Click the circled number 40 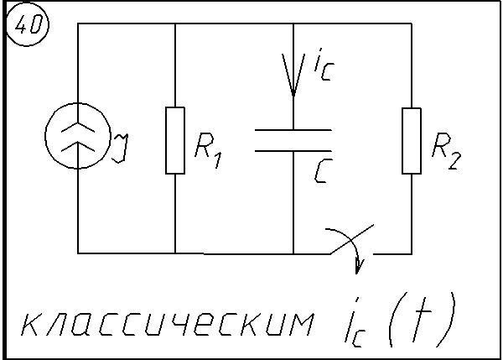pyautogui.click(x=28, y=26)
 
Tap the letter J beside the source pyautogui.click(x=120, y=146)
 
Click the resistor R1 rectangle pyautogui.click(x=174, y=140)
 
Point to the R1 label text pyautogui.click(x=207, y=150)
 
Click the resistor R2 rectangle pyautogui.click(x=411, y=140)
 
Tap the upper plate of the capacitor pyautogui.click(x=293, y=131)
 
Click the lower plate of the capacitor pyautogui.click(x=293, y=150)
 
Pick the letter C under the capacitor pyautogui.click(x=323, y=172)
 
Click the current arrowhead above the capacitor pyautogui.click(x=293, y=80)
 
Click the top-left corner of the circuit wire pyautogui.click(x=78, y=23)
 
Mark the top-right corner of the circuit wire pyautogui.click(x=411, y=23)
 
